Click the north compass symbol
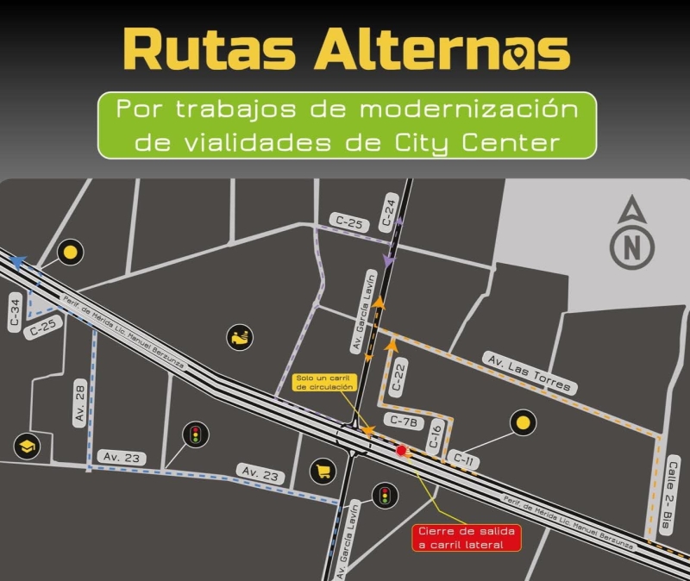coord(632,234)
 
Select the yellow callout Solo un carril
coord(324,383)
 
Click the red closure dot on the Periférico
coord(401,450)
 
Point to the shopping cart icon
coord(323,471)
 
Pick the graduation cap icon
coord(27,447)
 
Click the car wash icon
coord(240,337)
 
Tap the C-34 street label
coord(15,311)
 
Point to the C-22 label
coord(398,377)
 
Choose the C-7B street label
coord(403,422)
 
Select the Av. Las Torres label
coord(528,372)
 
